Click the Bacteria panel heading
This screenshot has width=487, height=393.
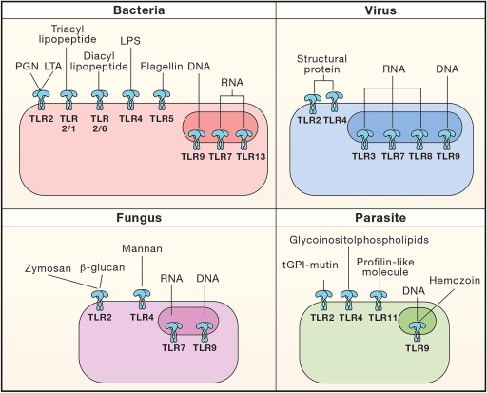(x=139, y=10)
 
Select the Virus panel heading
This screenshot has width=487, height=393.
(x=380, y=10)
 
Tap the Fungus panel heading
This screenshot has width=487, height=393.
(x=139, y=218)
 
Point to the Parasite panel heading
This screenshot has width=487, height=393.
(x=380, y=218)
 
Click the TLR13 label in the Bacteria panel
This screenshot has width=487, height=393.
(x=251, y=156)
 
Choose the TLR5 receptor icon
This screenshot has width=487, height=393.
(x=162, y=99)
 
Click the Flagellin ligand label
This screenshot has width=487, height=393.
(x=162, y=67)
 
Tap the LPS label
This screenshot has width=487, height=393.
(x=130, y=41)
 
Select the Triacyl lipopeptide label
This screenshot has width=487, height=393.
(x=68, y=34)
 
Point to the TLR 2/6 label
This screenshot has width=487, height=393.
(x=100, y=124)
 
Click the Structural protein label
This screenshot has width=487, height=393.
(x=321, y=64)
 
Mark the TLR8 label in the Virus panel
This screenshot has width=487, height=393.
(x=420, y=156)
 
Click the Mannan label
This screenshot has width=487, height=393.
(x=142, y=248)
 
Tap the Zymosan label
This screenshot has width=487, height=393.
(x=48, y=268)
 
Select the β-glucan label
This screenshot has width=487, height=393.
(x=102, y=267)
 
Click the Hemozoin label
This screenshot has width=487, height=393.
(x=455, y=280)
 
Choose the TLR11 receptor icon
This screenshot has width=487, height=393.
(x=379, y=300)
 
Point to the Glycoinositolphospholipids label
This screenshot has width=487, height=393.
(x=359, y=240)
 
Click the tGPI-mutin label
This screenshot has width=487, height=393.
(x=310, y=265)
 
